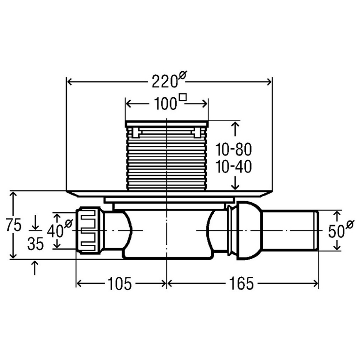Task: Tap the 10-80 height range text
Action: (x=234, y=149)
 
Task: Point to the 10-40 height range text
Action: (x=234, y=167)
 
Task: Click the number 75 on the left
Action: (x=14, y=225)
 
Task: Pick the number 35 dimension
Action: (x=35, y=244)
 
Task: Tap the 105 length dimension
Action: (x=120, y=283)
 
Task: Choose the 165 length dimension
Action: (x=241, y=283)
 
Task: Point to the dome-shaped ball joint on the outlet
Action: (x=249, y=230)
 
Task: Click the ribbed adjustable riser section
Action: (x=167, y=158)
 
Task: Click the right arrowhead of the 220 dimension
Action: (x=269, y=82)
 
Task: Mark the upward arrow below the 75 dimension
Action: (x=35, y=267)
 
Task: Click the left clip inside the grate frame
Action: (x=136, y=133)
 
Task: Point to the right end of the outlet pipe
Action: (x=318, y=230)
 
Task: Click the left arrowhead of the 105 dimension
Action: (x=80, y=284)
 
